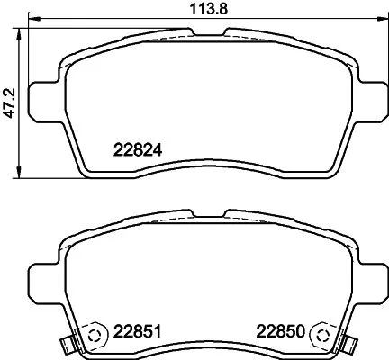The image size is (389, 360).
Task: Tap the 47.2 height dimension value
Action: click(11, 98)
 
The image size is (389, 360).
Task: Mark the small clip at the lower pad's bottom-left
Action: click(65, 345)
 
